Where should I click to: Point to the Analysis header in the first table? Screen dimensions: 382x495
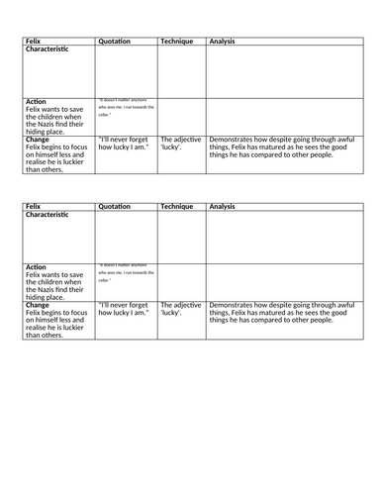coord(223,42)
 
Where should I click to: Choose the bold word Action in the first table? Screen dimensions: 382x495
coord(36,101)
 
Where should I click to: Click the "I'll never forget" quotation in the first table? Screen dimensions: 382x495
coord(127,145)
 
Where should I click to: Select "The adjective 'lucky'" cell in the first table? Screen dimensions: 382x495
coord(180,145)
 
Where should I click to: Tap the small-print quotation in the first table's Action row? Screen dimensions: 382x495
coord(127,106)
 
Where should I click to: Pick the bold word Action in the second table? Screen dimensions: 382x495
coord(36,267)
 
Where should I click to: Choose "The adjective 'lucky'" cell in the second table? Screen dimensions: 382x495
coord(180,311)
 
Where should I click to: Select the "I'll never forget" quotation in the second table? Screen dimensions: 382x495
coord(127,311)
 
